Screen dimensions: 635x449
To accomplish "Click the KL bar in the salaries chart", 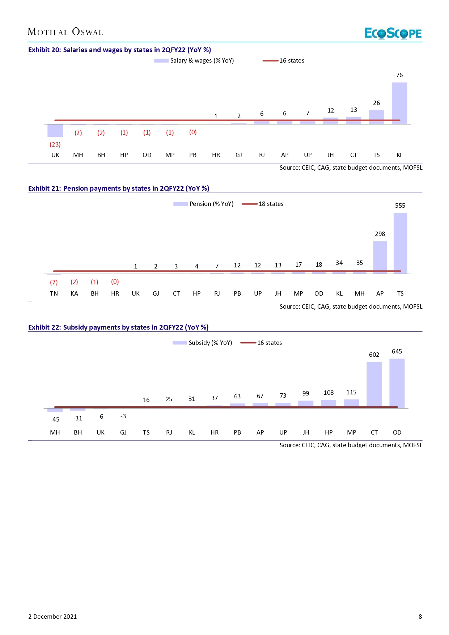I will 399,103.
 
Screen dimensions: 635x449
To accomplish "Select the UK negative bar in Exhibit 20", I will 55,130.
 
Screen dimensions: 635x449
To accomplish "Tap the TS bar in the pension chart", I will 400,243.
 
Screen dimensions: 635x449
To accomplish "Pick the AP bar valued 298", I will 380,257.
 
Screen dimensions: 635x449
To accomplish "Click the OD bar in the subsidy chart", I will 397,383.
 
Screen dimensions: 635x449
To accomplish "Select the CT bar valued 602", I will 374,385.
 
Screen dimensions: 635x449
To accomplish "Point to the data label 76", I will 399,75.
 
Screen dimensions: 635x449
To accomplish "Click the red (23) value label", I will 55,144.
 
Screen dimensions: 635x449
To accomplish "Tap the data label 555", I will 400,206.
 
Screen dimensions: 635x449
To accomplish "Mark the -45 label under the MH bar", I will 55,419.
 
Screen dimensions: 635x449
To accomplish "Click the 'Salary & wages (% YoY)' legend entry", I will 194,60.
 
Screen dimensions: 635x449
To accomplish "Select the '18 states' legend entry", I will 263,204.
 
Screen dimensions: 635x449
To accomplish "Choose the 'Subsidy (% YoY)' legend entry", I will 203,343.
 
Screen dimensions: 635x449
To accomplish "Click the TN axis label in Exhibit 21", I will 54,293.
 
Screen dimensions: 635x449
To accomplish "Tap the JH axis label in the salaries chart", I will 330,155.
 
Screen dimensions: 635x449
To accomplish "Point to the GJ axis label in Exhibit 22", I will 123,432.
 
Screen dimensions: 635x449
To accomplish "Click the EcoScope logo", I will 393,33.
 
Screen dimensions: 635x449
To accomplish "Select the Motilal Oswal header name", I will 65,32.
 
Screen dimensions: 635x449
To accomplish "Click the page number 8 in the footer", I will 420,617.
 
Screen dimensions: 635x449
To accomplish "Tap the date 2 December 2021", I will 52,617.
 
